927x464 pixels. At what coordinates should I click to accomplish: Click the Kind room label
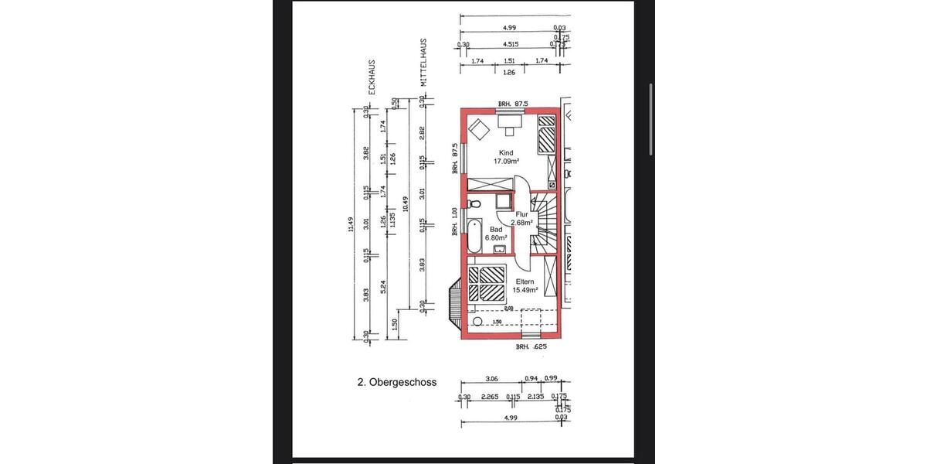(x=506, y=153)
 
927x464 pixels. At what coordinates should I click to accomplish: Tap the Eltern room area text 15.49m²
(x=525, y=290)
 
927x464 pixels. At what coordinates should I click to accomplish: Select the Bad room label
(x=496, y=229)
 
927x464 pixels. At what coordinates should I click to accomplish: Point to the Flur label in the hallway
(x=521, y=215)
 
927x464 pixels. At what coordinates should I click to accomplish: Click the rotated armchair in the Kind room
(x=479, y=128)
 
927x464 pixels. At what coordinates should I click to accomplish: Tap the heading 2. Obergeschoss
(x=397, y=382)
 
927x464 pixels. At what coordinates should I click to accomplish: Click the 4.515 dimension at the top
(x=511, y=45)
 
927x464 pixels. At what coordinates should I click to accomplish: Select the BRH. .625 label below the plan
(x=531, y=348)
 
